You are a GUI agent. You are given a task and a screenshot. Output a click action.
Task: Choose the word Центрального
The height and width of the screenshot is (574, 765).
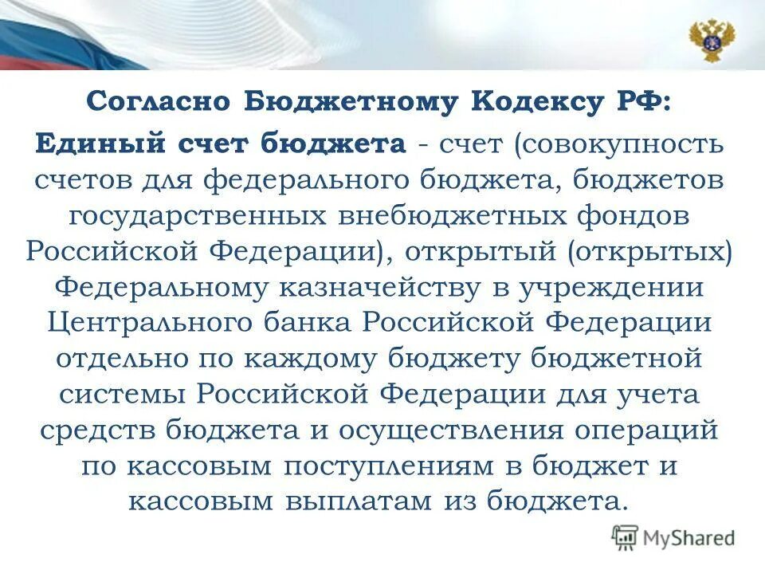coord(151,323)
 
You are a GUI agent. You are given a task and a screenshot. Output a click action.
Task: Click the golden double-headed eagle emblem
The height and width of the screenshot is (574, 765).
coord(712,39)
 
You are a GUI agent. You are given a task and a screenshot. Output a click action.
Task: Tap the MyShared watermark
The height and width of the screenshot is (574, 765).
coord(674,537)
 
